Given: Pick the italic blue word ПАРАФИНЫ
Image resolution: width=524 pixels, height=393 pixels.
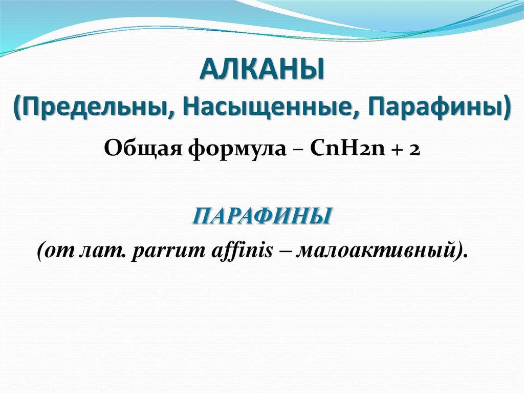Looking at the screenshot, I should (261, 216).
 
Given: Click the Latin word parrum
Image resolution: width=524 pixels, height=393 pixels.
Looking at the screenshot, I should (162, 252).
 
